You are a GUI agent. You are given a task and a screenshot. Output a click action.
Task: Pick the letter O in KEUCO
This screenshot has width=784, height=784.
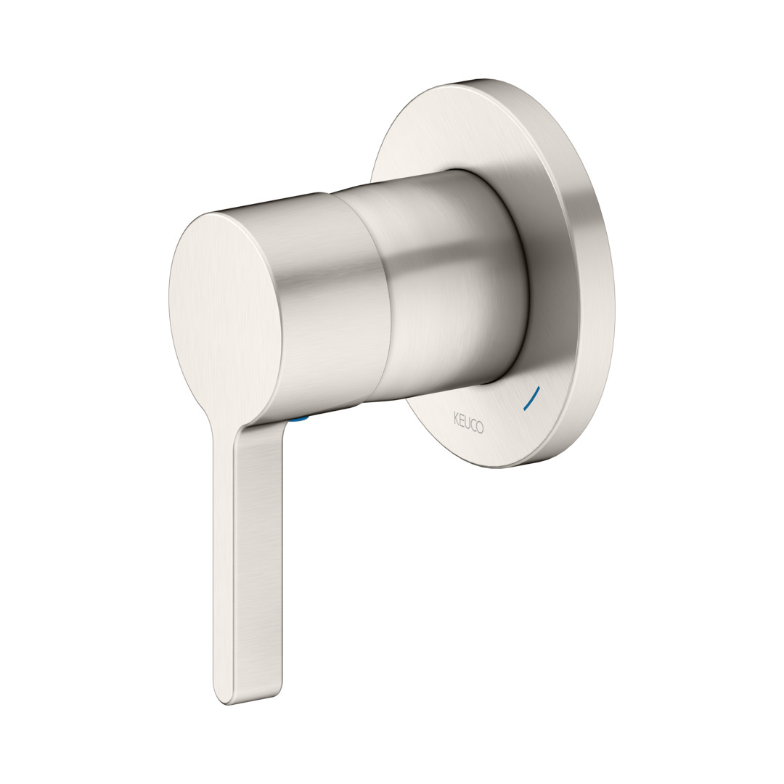click(480, 428)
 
